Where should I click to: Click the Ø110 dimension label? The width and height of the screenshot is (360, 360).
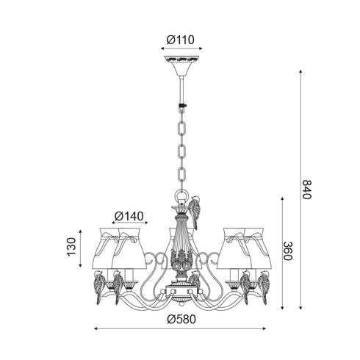pyautogui.click(x=180, y=40)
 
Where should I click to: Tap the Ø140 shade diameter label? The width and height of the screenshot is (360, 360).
pyautogui.click(x=129, y=216)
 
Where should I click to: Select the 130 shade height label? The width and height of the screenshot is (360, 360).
pyautogui.click(x=72, y=247)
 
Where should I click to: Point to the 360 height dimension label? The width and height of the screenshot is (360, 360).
pyautogui.click(x=288, y=251)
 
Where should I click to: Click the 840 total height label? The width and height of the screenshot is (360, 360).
pyautogui.click(x=306, y=190)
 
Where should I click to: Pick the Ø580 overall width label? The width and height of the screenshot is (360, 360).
pyautogui.click(x=181, y=320)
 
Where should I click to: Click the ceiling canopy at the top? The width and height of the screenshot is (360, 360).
pyautogui.click(x=181, y=65)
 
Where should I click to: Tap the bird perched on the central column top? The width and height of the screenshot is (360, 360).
pyautogui.click(x=195, y=212)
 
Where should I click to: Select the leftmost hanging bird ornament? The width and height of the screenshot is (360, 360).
pyautogui.click(x=100, y=287)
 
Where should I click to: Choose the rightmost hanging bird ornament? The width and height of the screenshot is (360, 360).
pyautogui.click(x=264, y=287)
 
